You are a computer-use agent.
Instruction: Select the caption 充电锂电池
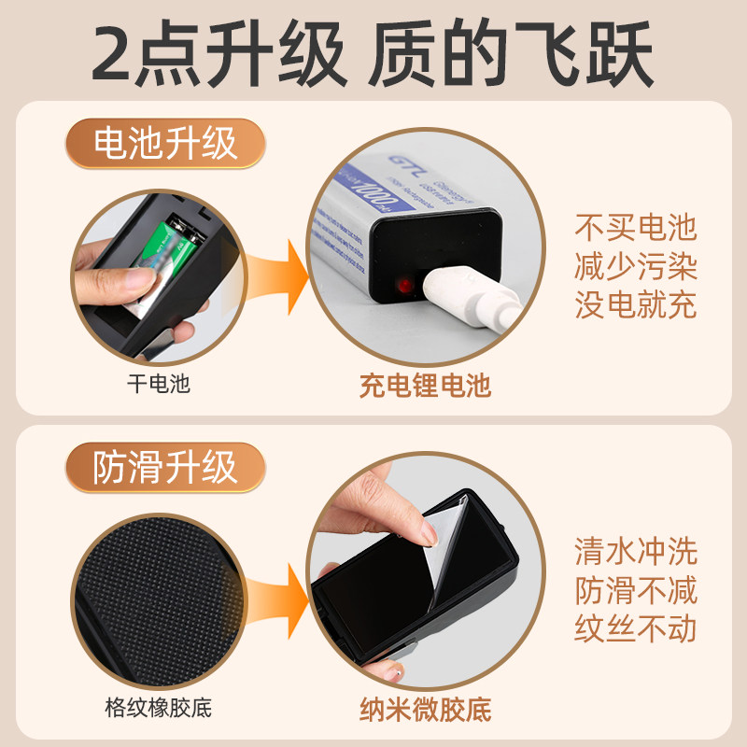pyautogui.click(x=425, y=385)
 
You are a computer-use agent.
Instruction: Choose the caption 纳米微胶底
pyautogui.click(x=425, y=709)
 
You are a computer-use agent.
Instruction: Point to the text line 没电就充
pyautogui.click(x=636, y=304)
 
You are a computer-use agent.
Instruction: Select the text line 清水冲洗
pyautogui.click(x=636, y=552)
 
